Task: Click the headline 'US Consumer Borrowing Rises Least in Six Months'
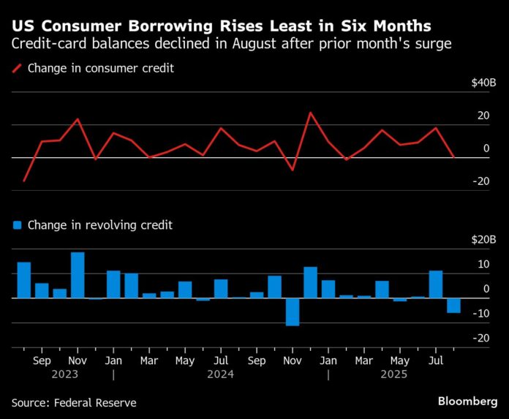pyautogui.click(x=221, y=25)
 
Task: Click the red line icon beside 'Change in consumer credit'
pyautogui.click(x=16, y=69)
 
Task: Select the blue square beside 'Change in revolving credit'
pyautogui.click(x=16, y=225)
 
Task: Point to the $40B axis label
pyautogui.click(x=483, y=83)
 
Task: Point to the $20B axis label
pyautogui.click(x=483, y=240)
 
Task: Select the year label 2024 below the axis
pyautogui.click(x=220, y=374)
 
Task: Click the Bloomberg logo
pyautogui.click(x=467, y=402)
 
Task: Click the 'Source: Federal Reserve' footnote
pyautogui.click(x=74, y=403)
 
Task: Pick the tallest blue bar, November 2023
pyautogui.click(x=78, y=275)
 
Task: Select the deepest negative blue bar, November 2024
pyautogui.click(x=293, y=312)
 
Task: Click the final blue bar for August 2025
pyautogui.click(x=453, y=306)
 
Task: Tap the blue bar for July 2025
pyautogui.click(x=436, y=284)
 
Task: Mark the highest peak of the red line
pyautogui.click(x=310, y=113)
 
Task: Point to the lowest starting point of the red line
pyautogui.click(x=24, y=181)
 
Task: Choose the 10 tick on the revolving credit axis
pyautogui.click(x=483, y=265)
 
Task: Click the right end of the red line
pyautogui.click(x=453, y=156)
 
